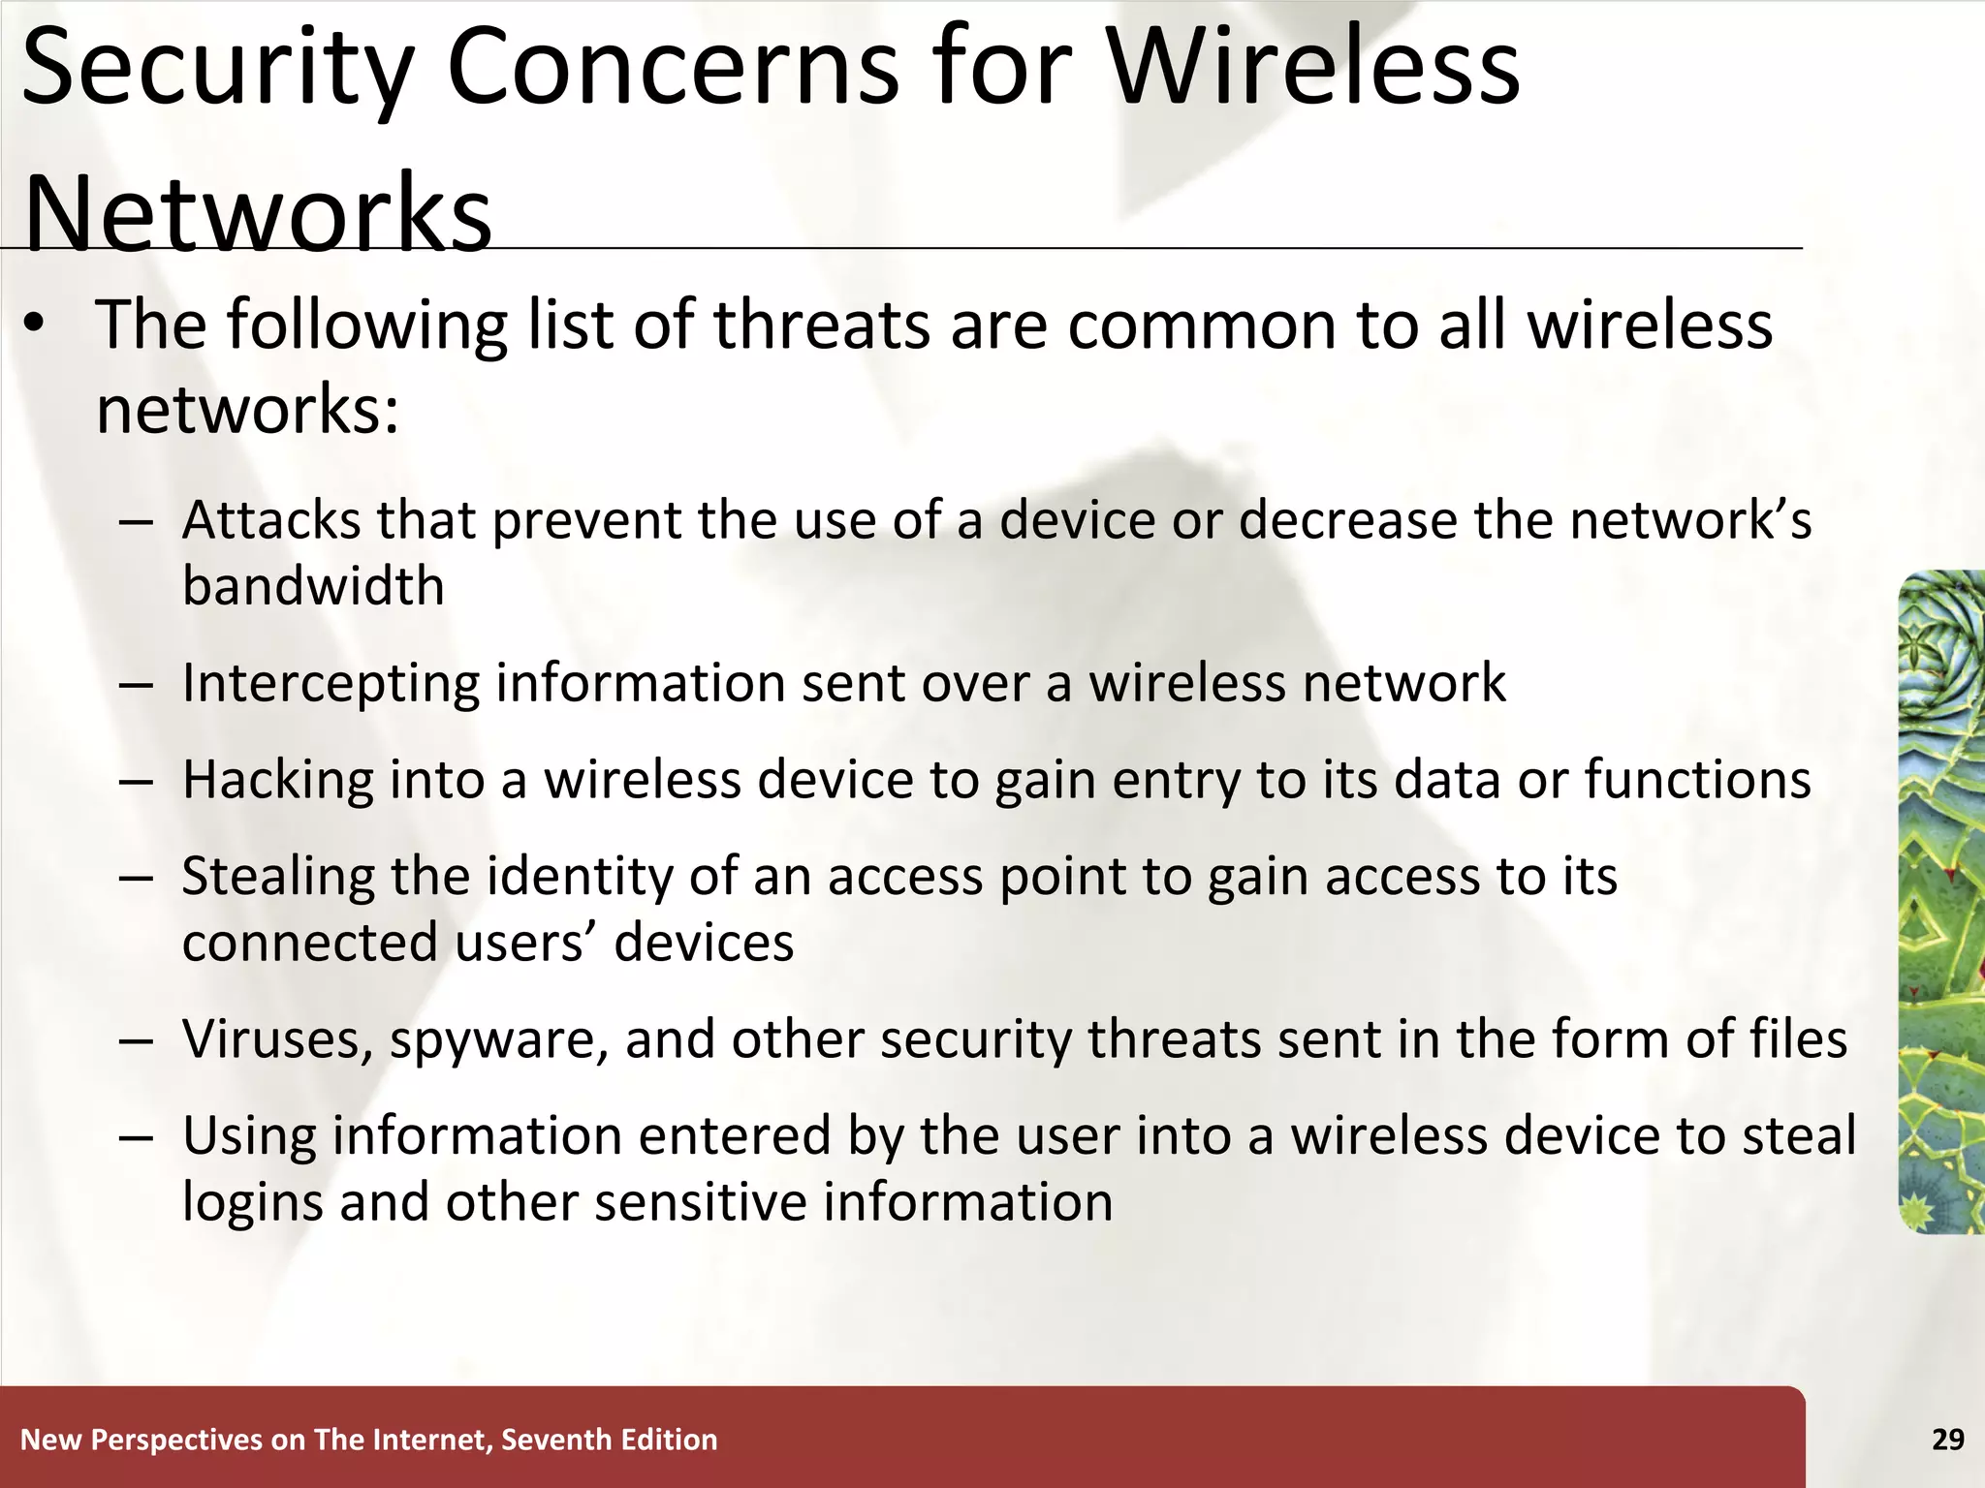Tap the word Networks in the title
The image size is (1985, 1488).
tap(258, 213)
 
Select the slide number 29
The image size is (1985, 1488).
tap(1947, 1440)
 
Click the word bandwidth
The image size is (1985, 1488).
tap(313, 586)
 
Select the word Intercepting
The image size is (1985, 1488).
tap(331, 684)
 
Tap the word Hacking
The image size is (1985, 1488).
tap(277, 781)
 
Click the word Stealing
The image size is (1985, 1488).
tap(277, 878)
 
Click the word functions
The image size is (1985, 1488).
tap(1697, 780)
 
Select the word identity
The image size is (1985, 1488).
tap(579, 878)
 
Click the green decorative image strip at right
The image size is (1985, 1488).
tap(1940, 901)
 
